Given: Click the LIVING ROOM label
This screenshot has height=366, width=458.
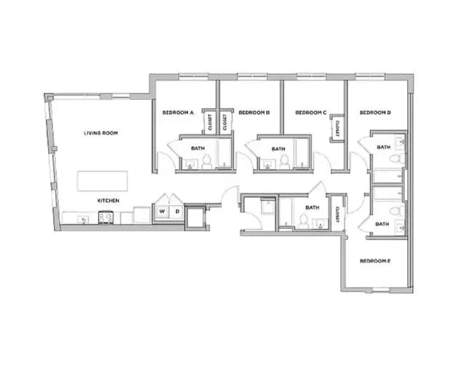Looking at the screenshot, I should [100, 133].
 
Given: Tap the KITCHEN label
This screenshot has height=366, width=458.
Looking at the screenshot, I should [108, 201].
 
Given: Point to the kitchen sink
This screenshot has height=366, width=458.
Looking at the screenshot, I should [83, 219].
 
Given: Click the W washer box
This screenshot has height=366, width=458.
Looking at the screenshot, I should [162, 212].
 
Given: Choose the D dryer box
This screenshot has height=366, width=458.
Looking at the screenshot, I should [176, 212].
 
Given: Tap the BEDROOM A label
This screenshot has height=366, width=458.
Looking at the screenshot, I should [178, 112].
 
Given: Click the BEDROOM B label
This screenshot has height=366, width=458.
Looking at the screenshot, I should [253, 112].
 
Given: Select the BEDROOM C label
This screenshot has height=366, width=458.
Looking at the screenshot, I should [311, 112].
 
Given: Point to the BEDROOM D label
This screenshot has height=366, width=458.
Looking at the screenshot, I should [375, 112].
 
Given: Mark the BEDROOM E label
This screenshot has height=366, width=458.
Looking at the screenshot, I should [374, 261].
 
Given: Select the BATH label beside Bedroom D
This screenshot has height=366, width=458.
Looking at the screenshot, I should [384, 148].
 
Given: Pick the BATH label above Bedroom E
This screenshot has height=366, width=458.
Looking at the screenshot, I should [382, 224].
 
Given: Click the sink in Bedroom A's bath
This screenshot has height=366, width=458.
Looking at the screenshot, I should [190, 165].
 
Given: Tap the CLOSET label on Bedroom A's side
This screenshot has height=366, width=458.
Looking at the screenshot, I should [210, 123].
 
